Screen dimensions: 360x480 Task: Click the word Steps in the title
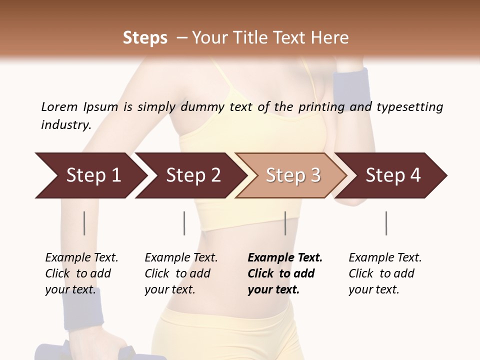(x=145, y=38)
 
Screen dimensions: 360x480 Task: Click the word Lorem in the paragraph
(x=59, y=106)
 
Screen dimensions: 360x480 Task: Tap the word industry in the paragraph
(x=66, y=124)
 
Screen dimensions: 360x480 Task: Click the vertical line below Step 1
(x=84, y=223)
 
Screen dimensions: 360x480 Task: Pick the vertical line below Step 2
(x=184, y=223)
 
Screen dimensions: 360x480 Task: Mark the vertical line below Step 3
(x=285, y=223)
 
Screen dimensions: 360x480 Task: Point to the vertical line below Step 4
(x=386, y=223)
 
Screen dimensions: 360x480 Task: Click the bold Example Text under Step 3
(x=285, y=257)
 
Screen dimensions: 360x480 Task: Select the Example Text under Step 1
(x=81, y=257)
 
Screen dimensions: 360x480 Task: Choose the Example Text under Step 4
(x=385, y=257)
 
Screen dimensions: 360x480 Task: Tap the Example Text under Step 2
(x=181, y=257)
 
